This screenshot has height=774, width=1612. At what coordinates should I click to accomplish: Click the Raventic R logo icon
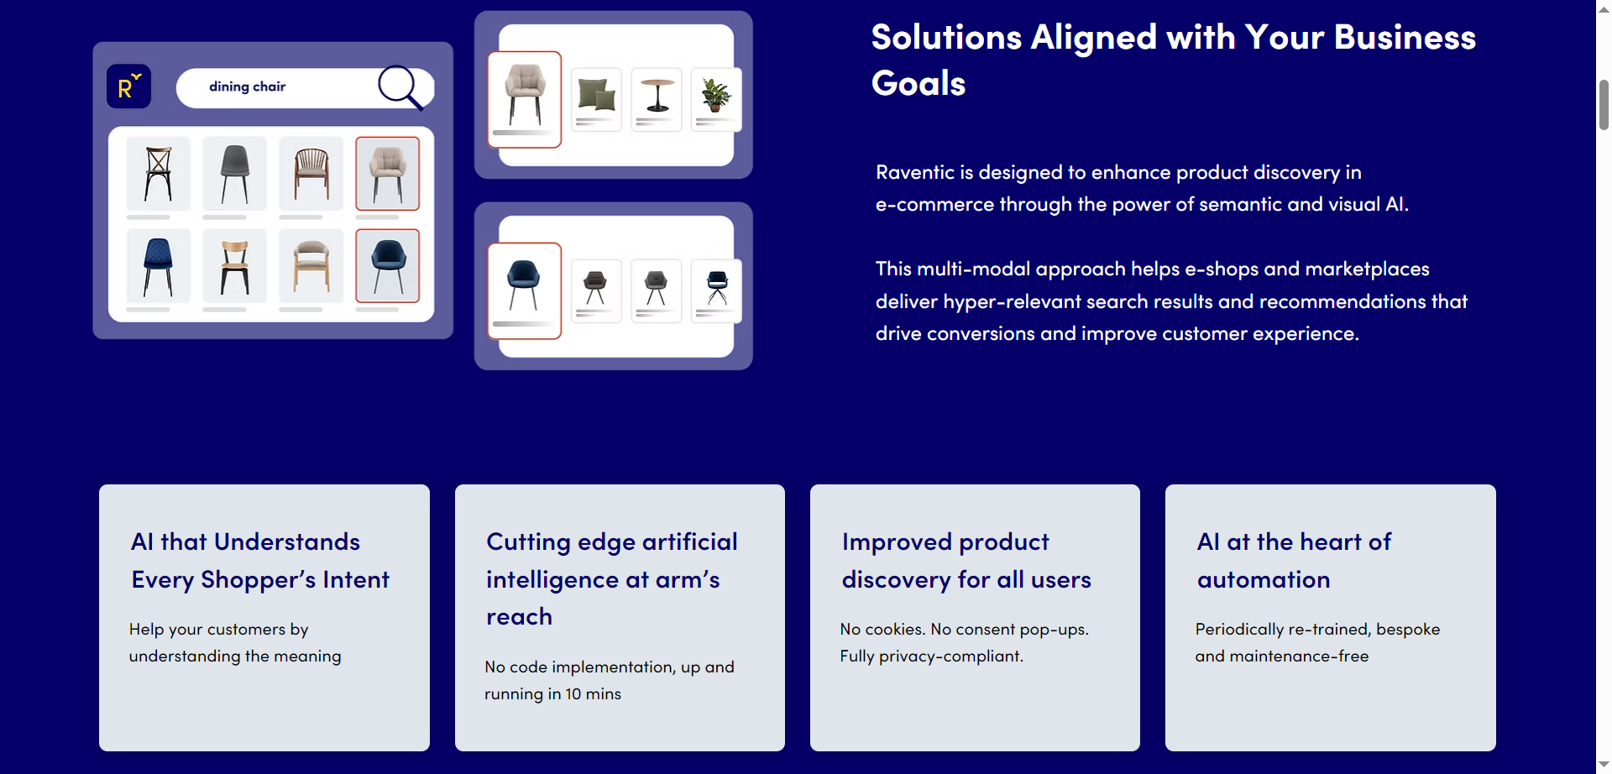[x=128, y=86]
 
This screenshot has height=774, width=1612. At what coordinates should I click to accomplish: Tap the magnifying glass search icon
[x=399, y=86]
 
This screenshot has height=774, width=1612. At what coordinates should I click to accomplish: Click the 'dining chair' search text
[x=247, y=86]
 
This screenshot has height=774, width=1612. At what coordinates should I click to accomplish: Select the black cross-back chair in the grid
[x=158, y=174]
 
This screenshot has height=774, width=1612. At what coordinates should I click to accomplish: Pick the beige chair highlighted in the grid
[x=387, y=174]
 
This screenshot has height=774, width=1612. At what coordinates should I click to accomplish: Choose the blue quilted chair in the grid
[x=158, y=266]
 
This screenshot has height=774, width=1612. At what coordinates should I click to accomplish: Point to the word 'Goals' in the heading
[x=919, y=83]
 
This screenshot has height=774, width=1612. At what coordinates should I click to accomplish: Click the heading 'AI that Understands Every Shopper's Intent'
[x=259, y=560]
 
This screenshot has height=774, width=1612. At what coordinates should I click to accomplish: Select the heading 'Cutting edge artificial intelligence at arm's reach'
[x=611, y=578]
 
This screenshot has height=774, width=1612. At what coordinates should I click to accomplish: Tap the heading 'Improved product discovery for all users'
[x=966, y=560]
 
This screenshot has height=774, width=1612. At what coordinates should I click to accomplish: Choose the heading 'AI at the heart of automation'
[x=1294, y=560]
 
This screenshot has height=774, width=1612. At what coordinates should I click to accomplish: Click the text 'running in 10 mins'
[x=552, y=693]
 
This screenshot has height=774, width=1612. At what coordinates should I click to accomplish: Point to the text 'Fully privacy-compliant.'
[x=931, y=656]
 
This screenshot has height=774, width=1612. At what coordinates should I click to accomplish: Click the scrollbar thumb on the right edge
[x=1604, y=105]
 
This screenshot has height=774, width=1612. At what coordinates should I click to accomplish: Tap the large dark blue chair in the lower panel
[x=524, y=285]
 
